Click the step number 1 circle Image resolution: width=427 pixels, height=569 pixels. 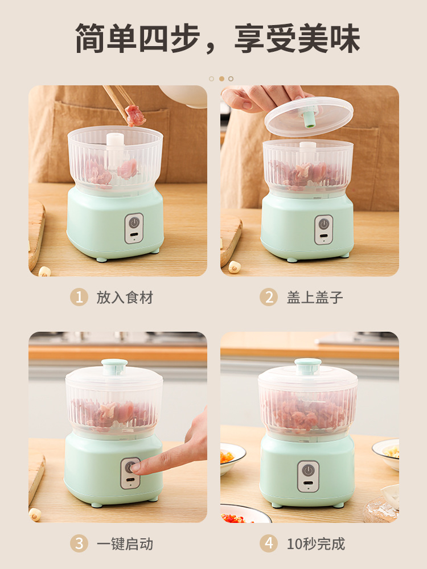pos(79,297)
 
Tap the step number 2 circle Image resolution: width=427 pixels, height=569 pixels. pos(269,297)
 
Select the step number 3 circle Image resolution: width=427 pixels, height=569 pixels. pos(79,544)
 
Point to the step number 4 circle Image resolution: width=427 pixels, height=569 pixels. pos(269,544)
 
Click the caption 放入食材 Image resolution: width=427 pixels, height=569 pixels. pos(125,298)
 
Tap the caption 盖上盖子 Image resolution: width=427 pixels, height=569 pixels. pos(315,298)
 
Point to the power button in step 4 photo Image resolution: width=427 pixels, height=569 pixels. pos(308,471)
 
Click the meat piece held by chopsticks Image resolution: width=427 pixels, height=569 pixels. pos(135,116)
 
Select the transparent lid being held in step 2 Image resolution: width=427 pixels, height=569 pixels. pos(309,117)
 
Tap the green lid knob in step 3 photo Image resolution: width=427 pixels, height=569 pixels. pos(114,366)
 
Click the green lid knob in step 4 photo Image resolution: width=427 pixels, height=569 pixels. pos(308,366)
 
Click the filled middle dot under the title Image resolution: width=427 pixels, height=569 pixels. pos(221,79)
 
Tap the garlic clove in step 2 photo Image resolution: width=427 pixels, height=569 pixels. pos(234,267)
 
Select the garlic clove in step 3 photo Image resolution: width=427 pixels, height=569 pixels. pos(35,514)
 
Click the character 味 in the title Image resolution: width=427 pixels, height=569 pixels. pos(345,38)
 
